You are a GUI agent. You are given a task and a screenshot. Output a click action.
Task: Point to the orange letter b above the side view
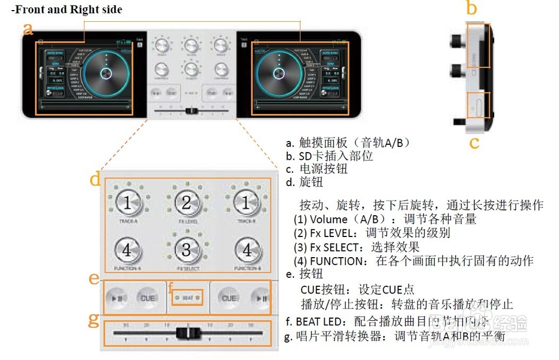(472, 8)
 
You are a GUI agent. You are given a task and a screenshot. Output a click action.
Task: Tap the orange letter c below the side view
(474, 142)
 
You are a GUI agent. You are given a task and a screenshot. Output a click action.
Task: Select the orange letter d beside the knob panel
(96, 180)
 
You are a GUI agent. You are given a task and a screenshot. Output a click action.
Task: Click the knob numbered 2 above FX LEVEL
(187, 203)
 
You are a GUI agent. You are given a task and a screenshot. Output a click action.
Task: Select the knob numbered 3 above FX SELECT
(187, 249)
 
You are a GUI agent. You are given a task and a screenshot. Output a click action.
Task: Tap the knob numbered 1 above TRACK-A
(127, 203)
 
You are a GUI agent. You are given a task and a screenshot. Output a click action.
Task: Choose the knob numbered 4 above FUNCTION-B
(247, 249)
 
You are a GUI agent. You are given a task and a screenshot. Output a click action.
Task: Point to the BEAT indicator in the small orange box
(187, 298)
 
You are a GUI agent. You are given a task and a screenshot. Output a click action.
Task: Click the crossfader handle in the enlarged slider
(187, 334)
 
